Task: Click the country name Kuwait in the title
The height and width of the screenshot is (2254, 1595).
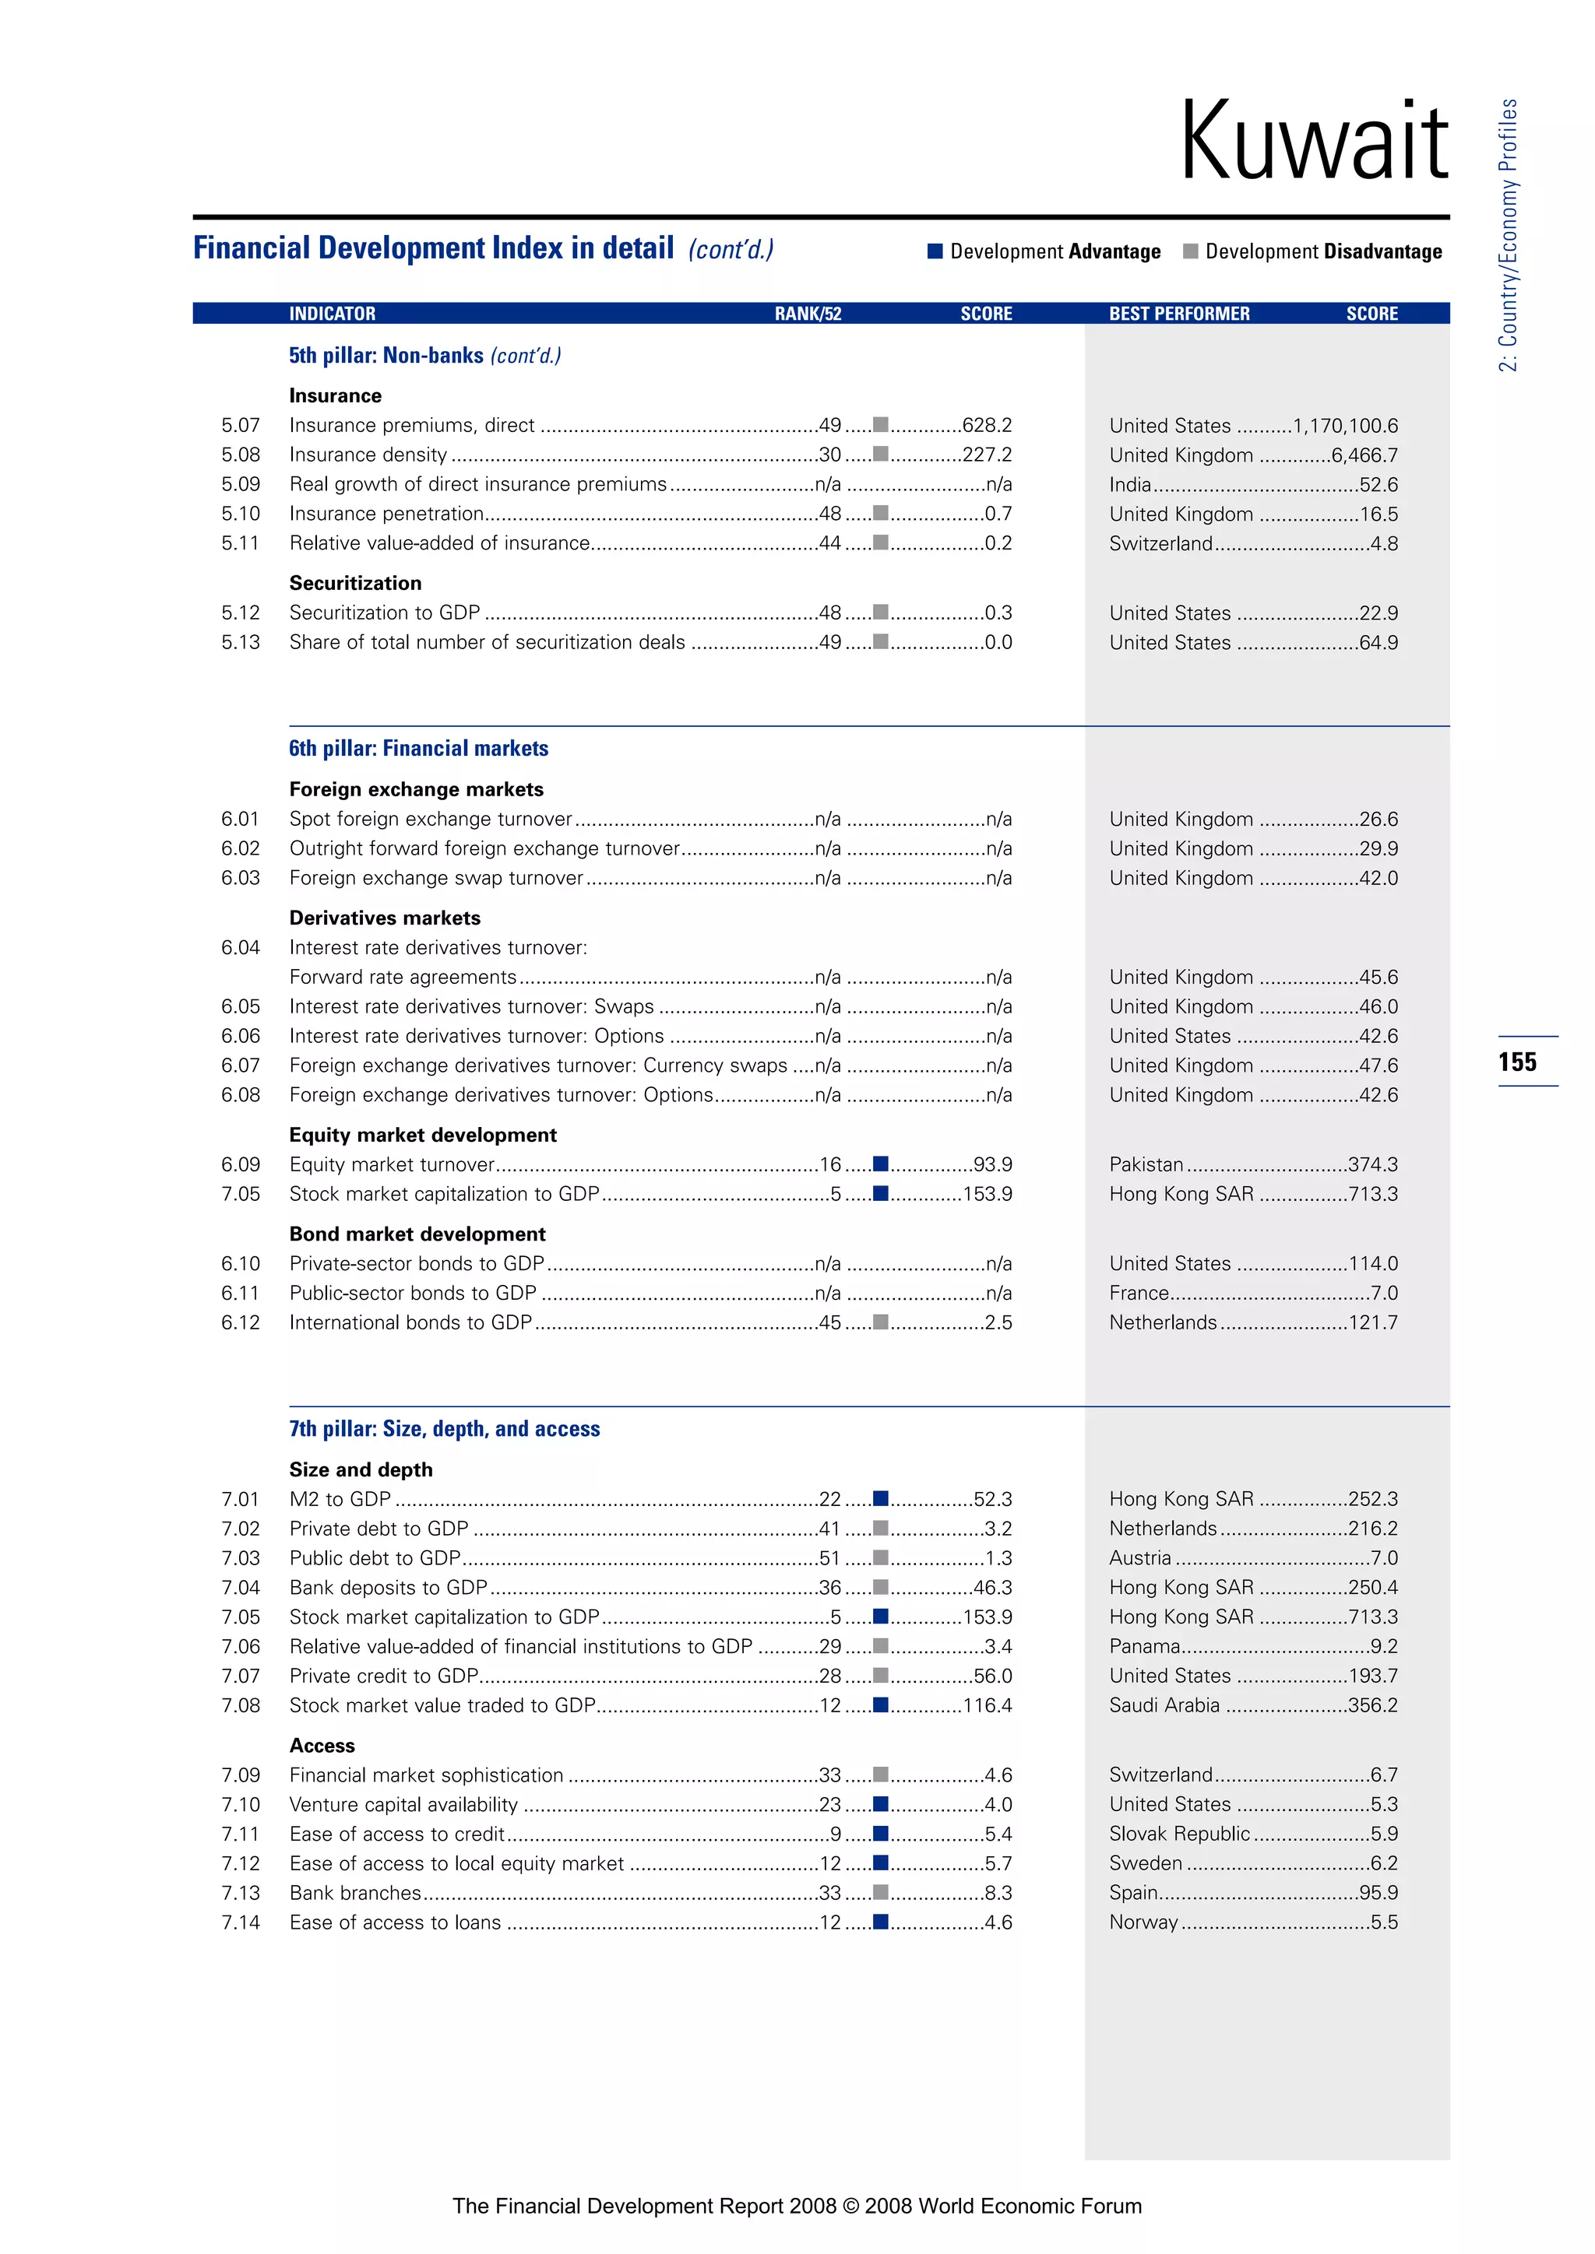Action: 1313,142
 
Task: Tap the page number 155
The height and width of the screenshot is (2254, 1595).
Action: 1517,1061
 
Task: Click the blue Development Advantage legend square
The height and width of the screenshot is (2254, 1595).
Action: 935,251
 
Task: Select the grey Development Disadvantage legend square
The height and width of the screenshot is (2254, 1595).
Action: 1190,251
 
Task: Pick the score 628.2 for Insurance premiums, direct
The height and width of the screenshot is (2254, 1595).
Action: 987,425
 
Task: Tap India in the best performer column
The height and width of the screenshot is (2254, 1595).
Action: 1129,485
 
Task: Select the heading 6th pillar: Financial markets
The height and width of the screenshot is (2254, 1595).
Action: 418,748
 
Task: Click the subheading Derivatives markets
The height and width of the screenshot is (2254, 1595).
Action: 385,918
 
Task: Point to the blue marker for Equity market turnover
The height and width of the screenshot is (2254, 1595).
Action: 881,1164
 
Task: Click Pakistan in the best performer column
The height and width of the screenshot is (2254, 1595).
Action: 1146,1164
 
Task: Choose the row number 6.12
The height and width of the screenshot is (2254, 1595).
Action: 241,1322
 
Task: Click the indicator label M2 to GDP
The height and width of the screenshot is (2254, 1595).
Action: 340,1499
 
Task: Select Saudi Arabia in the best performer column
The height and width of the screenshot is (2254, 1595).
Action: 1164,1705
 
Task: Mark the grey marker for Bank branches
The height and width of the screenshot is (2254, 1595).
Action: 881,1893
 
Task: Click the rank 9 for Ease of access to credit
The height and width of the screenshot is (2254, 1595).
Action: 836,1834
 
